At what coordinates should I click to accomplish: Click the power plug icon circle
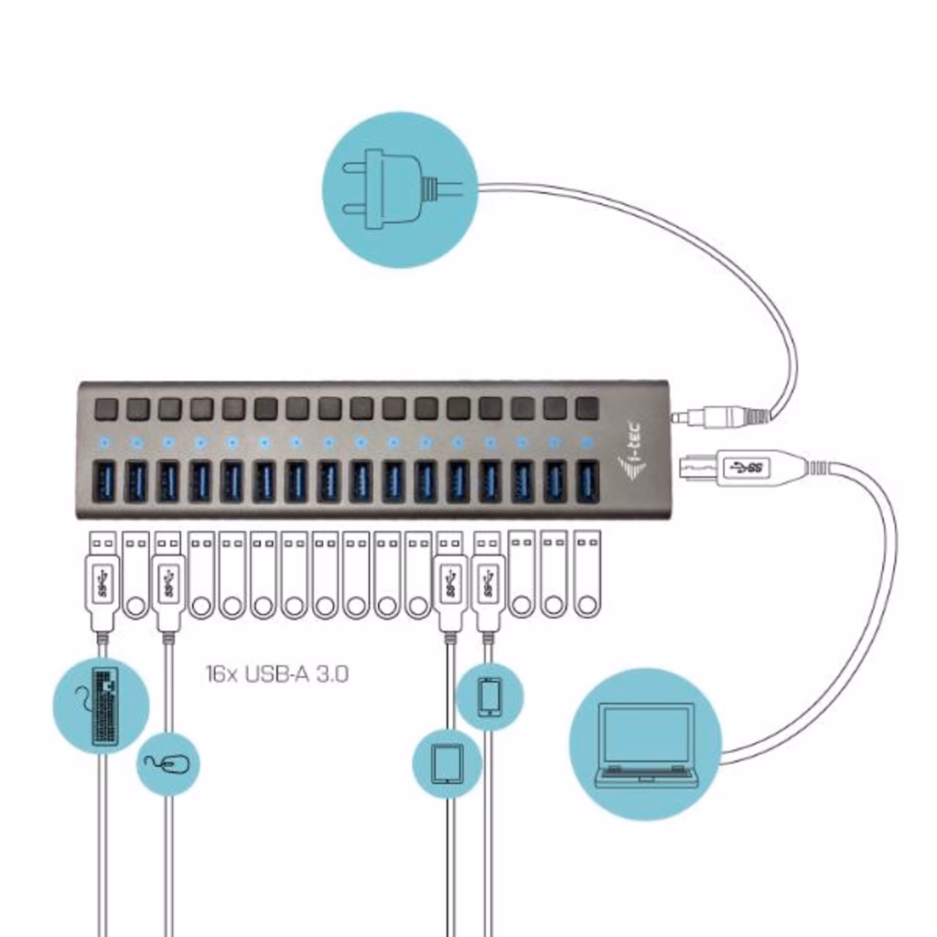tap(401, 189)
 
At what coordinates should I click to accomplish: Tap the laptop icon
tap(645, 743)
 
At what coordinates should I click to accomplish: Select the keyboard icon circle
tap(101, 705)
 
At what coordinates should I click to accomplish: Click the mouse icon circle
tap(168, 762)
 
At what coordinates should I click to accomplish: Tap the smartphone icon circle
tap(490, 696)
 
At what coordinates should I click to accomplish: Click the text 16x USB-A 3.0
tap(276, 675)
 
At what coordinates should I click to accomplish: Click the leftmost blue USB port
tap(102, 481)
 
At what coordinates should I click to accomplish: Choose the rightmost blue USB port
tap(587, 481)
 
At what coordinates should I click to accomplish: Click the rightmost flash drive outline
tap(586, 575)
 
